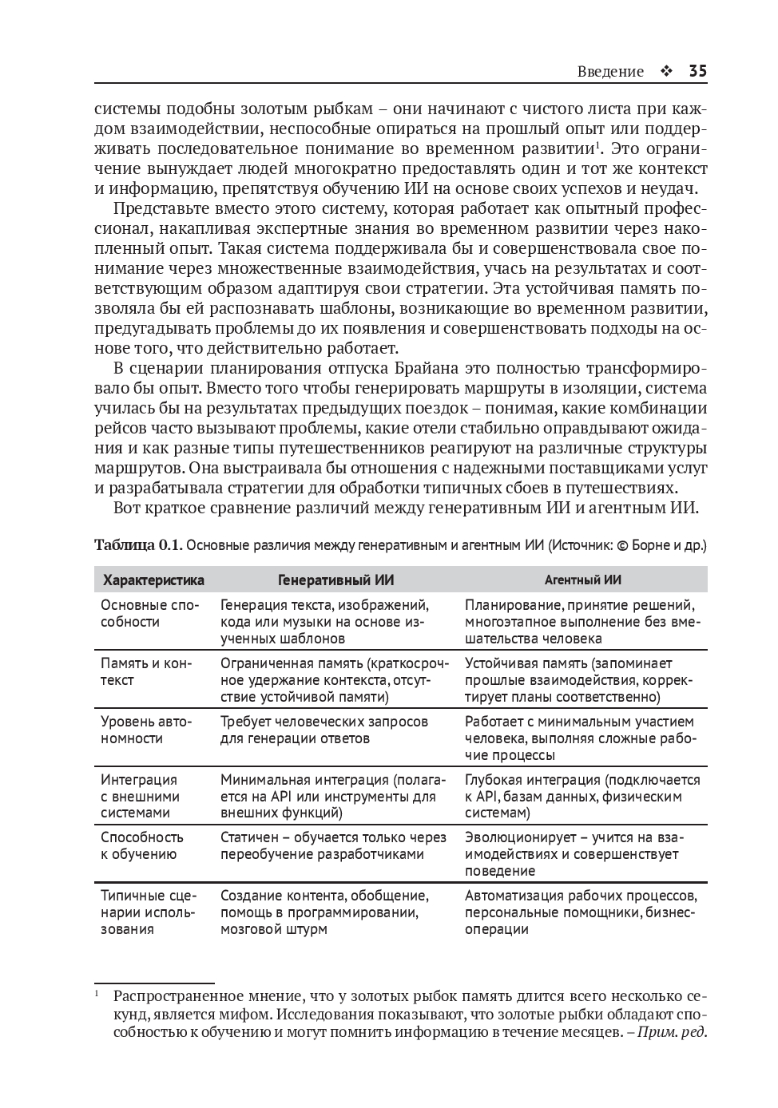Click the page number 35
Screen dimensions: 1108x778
[x=697, y=71]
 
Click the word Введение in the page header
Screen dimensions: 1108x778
[x=609, y=72]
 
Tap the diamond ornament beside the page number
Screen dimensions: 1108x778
[x=666, y=72]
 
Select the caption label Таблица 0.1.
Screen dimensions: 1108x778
[x=138, y=545]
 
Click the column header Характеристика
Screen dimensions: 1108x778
[x=153, y=580]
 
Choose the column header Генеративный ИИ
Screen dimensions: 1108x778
[x=335, y=580]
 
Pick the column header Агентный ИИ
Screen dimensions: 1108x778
[x=583, y=580]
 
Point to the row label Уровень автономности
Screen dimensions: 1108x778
[x=146, y=730]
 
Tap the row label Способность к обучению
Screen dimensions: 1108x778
[x=141, y=845]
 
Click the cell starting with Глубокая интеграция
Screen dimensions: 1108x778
[x=582, y=796]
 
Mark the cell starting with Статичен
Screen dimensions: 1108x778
[x=332, y=845]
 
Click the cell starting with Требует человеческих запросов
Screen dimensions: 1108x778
[x=324, y=730]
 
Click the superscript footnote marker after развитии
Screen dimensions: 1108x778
[x=597, y=144]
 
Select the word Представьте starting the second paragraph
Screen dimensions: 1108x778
[x=158, y=208]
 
